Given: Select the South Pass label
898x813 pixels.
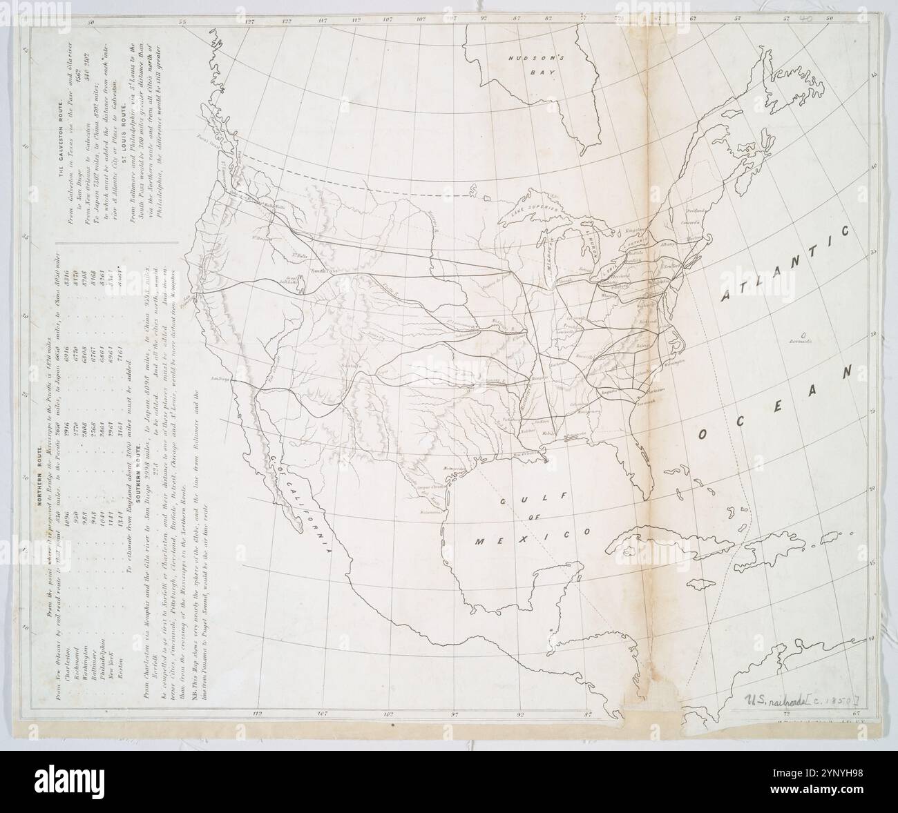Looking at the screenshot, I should click(324, 271).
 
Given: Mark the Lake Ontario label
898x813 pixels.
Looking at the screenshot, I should click(635, 243).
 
